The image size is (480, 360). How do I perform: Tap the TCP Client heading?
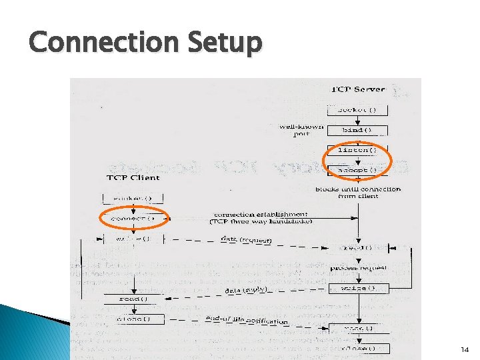tap(133, 178)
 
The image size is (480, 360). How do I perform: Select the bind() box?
tap(358, 130)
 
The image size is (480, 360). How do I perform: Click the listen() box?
tap(358, 150)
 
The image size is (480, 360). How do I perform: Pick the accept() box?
tap(358, 170)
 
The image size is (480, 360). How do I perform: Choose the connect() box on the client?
tap(133, 218)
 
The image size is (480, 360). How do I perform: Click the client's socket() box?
tap(133, 198)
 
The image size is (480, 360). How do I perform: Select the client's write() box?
tap(133, 238)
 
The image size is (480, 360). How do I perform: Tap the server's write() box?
tap(358, 288)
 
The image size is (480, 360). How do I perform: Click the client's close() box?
tap(133, 319)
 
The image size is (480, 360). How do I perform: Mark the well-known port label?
tap(302, 129)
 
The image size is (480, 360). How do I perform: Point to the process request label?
tap(363, 267)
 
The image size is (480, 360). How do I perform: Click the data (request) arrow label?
tap(246, 239)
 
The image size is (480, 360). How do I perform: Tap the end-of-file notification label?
tap(247, 321)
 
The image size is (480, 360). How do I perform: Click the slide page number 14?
tap(464, 349)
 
